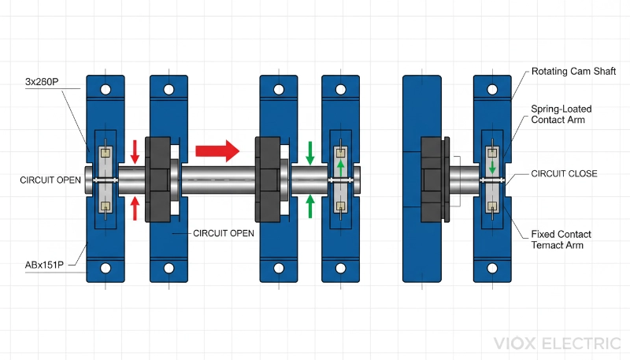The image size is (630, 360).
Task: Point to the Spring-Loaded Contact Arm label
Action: pos(561,114)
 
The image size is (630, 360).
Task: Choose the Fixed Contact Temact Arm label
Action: pos(561,240)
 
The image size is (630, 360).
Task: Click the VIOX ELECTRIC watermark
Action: pos(557,343)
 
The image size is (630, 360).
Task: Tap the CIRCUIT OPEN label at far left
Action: pos(50,180)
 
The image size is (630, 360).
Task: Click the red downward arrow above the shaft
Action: pos(135,150)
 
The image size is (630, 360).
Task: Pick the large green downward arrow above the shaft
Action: pos(310,152)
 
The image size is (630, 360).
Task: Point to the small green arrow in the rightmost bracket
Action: pos(492,167)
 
